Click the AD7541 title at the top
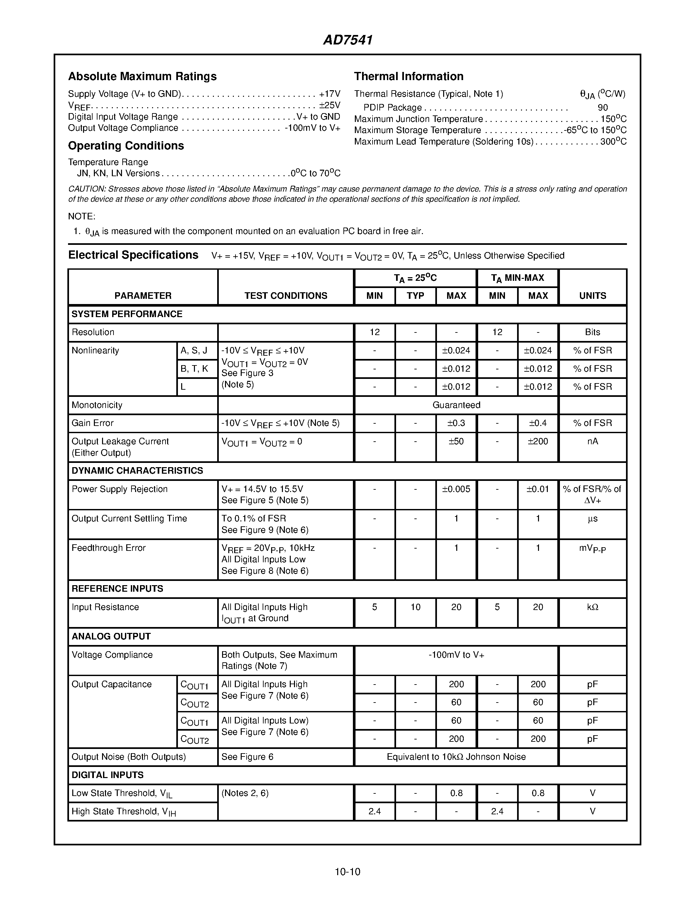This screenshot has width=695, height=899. pyautogui.click(x=347, y=40)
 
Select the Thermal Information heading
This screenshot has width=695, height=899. pyautogui.click(x=408, y=76)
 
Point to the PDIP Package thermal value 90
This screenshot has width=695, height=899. pyautogui.click(x=603, y=108)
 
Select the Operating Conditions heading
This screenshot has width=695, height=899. pyautogui.click(x=126, y=146)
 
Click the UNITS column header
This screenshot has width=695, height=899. pyautogui.click(x=593, y=296)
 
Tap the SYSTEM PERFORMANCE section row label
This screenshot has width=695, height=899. pyautogui.click(x=127, y=314)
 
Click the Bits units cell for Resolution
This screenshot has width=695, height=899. pyautogui.click(x=593, y=332)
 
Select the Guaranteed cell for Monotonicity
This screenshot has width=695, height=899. pyautogui.click(x=456, y=405)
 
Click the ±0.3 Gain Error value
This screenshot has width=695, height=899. pyautogui.click(x=456, y=423)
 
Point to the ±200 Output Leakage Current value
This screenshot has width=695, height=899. pyautogui.click(x=538, y=441)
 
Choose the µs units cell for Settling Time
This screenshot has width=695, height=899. pyautogui.click(x=593, y=519)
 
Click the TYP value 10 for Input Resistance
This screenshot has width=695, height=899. pyautogui.click(x=415, y=607)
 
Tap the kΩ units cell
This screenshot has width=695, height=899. pyautogui.click(x=593, y=607)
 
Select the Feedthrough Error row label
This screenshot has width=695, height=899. pyautogui.click(x=109, y=548)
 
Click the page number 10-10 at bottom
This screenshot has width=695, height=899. pyautogui.click(x=347, y=872)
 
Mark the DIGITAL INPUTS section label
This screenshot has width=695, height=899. pyautogui.click(x=108, y=775)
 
